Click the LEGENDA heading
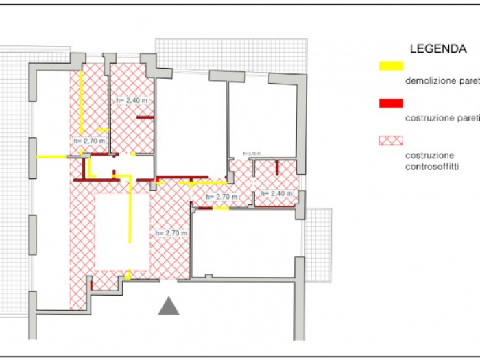click(438, 49)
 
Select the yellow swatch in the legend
click(390, 67)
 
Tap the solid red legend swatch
click(390, 104)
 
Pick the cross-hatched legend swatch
click(390, 141)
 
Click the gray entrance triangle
click(169, 307)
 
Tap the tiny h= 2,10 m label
click(251, 154)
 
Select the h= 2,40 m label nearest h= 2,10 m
click(276, 194)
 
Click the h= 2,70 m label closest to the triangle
click(171, 233)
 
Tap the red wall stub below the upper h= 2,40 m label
click(144, 118)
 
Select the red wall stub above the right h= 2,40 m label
click(276, 167)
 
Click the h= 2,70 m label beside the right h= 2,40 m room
click(221, 197)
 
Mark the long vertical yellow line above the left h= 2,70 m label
click(82, 101)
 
